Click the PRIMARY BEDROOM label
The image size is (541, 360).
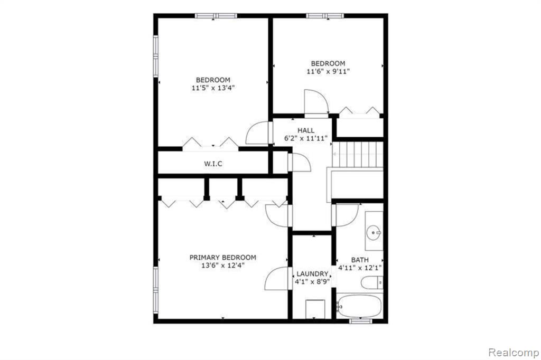pos(222,258)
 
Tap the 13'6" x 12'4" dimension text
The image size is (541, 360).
pos(223,266)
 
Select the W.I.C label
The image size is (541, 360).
pos(213,164)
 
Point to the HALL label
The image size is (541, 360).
pos(306,130)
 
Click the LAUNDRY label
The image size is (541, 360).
pos(312,274)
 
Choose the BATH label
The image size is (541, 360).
pos(360,260)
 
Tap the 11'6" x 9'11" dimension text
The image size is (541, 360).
pos(328,72)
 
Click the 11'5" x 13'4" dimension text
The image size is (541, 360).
pos(213,88)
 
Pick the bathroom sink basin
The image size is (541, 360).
pos(374,232)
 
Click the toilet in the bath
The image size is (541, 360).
pos(372,283)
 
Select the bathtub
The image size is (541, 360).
pos(359,306)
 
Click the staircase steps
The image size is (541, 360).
pos(358,154)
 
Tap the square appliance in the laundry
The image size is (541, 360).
pos(315,309)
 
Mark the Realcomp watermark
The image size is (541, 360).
pos(514,353)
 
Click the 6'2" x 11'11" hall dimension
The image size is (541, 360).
pos(306,139)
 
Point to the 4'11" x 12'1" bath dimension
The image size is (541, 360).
pos(360,268)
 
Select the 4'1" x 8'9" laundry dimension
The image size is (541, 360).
pos(312,281)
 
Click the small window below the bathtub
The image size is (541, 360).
pos(360,321)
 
